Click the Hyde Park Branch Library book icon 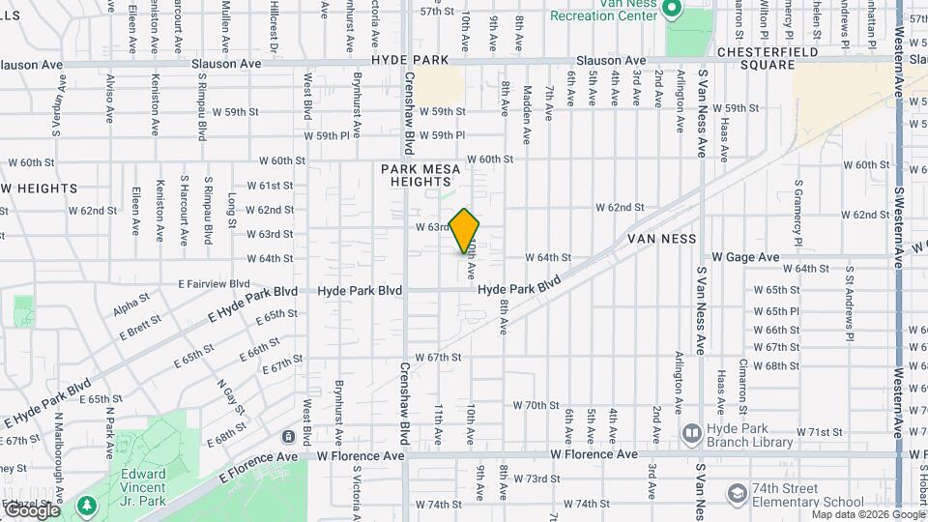coord(691,433)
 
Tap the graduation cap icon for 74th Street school coord(738,493)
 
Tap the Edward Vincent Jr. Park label coord(144,487)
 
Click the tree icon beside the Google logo coord(87,505)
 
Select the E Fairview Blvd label coord(214,284)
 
